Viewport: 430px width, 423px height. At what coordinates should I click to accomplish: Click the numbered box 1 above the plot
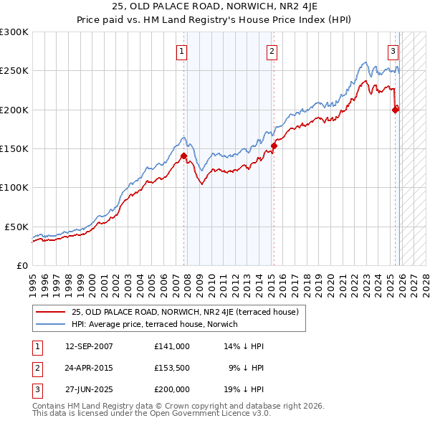pyautogui.click(x=183, y=51)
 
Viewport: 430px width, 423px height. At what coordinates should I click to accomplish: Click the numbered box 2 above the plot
pyautogui.click(x=273, y=51)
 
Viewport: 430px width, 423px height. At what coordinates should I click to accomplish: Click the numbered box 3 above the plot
pyautogui.click(x=393, y=51)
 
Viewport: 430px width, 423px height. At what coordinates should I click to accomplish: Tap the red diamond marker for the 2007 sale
pyautogui.click(x=184, y=156)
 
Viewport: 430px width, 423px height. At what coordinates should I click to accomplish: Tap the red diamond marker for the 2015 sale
pyautogui.click(x=274, y=146)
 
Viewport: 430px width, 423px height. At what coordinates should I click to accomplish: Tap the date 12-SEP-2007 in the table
pyautogui.click(x=89, y=346)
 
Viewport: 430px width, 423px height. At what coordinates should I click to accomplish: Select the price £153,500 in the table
pyautogui.click(x=172, y=369)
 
